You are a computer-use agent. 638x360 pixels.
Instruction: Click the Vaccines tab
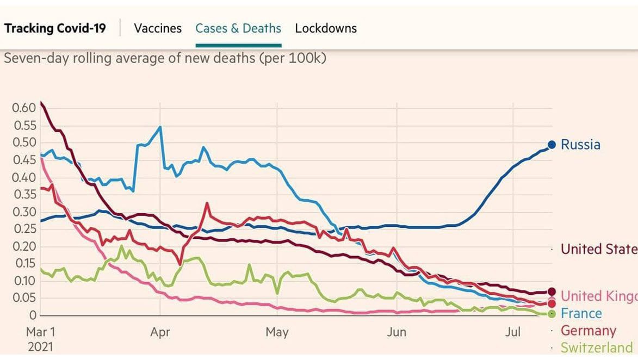158,28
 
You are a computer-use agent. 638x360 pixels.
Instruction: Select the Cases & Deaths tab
238,28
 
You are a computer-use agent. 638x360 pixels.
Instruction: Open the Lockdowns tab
326,28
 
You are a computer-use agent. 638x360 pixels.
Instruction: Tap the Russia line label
580,145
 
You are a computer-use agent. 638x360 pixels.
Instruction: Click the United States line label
598,249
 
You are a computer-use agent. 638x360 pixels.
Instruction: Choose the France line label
581,314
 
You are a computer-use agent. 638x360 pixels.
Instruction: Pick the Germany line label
588,331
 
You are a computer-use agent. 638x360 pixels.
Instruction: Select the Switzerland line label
597,347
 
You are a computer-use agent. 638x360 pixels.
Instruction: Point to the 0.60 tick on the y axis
24,108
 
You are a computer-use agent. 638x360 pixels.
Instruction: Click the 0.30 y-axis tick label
24,212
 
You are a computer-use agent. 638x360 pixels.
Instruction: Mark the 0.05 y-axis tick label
24,298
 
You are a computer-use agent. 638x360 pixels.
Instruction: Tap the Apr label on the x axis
160,332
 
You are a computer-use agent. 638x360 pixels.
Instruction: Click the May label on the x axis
277,332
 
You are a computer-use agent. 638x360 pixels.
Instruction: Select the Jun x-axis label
397,332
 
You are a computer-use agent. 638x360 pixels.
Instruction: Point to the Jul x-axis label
513,332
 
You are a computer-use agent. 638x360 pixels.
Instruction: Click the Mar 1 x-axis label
41,332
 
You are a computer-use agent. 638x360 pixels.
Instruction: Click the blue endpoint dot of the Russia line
552,145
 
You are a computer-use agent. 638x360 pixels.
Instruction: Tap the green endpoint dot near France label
552,314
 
